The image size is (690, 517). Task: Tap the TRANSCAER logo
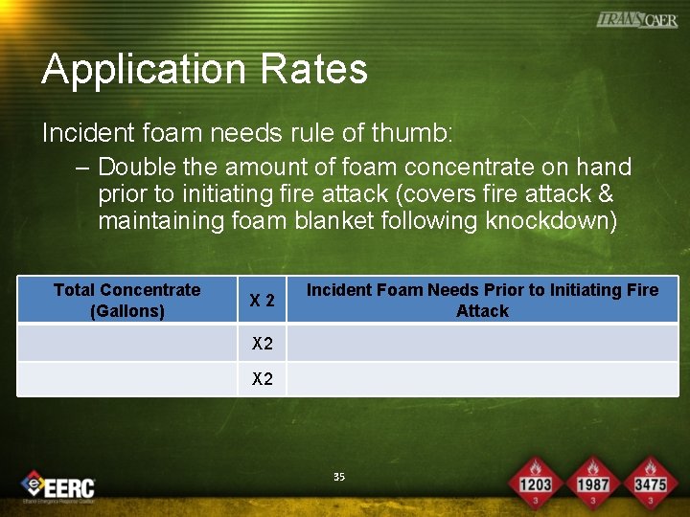pos(636,20)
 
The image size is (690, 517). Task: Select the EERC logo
pos(59,485)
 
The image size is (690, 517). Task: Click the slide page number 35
pos(339,477)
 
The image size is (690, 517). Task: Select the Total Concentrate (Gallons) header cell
pos(126,301)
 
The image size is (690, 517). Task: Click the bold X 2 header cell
pos(262,301)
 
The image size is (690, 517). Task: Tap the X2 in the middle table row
pos(262,344)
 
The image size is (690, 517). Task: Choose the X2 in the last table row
pos(262,379)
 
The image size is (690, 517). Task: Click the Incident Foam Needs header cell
pos(482,301)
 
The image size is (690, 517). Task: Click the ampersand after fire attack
pos(605,194)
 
